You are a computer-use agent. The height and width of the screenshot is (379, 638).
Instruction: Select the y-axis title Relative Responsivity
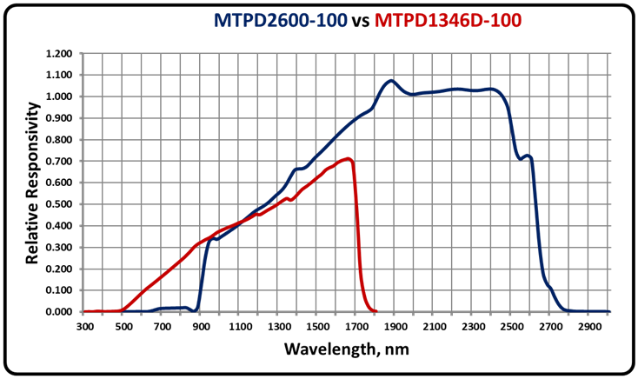pos(32,182)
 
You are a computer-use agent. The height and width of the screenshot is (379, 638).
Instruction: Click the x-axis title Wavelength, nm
pos(346,349)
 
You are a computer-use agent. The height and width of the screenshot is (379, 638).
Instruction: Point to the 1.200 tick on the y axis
pos(58,54)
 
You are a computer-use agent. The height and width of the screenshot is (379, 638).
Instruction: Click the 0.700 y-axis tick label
pos(58,162)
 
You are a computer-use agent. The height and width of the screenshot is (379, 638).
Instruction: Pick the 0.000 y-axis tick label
pos(58,312)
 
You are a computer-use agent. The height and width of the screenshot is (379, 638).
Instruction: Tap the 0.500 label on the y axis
pos(58,204)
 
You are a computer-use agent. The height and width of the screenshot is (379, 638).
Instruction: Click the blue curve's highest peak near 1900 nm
pos(391,81)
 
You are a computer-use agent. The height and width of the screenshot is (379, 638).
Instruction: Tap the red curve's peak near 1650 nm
pos(348,159)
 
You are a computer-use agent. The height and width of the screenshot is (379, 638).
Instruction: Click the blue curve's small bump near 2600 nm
pos(527,156)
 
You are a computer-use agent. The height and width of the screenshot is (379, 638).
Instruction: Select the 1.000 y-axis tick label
pos(58,96)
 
